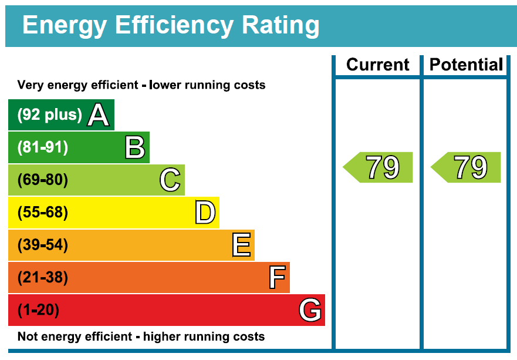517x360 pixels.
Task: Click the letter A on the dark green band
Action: [99, 115]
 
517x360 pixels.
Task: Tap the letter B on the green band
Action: [135, 147]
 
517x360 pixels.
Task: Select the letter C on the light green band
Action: [170, 180]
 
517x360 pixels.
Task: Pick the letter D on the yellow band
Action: [205, 213]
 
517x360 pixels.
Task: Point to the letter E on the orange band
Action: [241, 245]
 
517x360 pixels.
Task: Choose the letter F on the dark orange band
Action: [277, 277]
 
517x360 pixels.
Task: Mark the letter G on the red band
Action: [310, 309]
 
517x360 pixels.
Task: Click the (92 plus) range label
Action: [49, 115]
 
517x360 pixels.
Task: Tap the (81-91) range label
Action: [42, 147]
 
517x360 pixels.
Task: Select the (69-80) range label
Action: [42, 180]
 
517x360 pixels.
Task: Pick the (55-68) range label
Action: [42, 213]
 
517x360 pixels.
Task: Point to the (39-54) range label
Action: [42, 245]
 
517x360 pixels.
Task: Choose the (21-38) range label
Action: [42, 277]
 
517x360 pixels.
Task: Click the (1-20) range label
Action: [38, 309]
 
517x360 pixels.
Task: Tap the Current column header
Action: [378, 65]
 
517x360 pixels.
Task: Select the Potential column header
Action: [466, 65]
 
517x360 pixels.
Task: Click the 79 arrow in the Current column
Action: [379, 167]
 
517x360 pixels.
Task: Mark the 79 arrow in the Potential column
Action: [467, 167]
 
